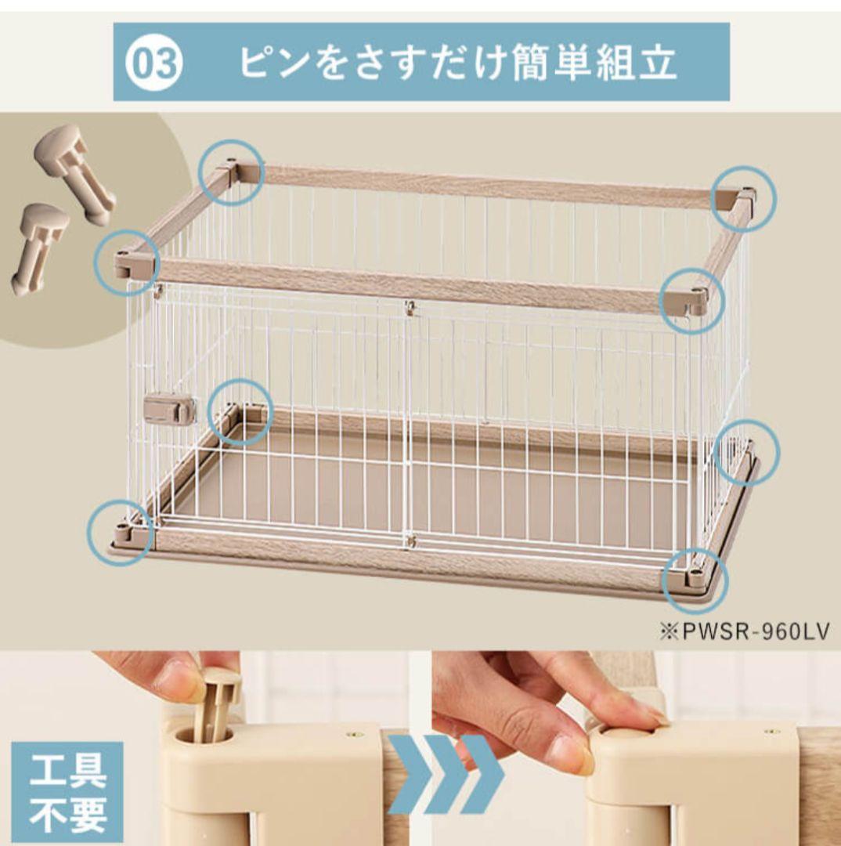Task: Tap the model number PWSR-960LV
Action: tap(743, 632)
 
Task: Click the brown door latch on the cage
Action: tap(170, 410)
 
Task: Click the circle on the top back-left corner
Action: tap(229, 172)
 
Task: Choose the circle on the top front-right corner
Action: tap(691, 298)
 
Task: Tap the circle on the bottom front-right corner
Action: tap(695, 580)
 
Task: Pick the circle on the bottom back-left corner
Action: tap(242, 413)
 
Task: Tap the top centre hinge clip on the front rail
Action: tap(408, 306)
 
